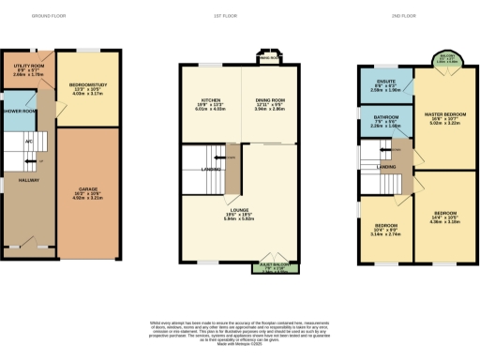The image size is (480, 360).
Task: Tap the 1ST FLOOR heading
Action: coord(240,17)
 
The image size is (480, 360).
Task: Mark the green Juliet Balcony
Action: coord(271,268)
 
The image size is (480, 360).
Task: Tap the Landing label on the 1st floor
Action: coord(211,169)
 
